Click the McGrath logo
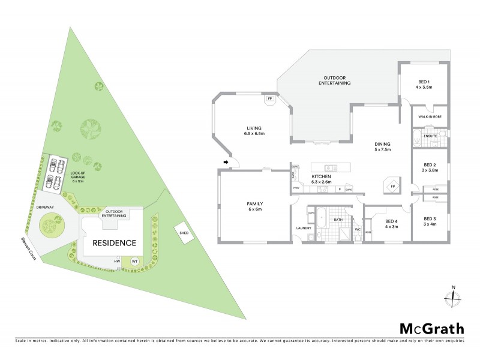[431, 328]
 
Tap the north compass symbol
[454, 297]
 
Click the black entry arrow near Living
[227, 162]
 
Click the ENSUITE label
[430, 136]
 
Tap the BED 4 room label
[391, 224]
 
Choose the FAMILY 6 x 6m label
[254, 207]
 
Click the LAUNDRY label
[302, 228]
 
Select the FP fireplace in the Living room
[270, 98]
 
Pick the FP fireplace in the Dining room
[392, 186]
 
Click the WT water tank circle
[134, 262]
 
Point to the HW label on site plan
[118, 261]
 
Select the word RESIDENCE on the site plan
[113, 243]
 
